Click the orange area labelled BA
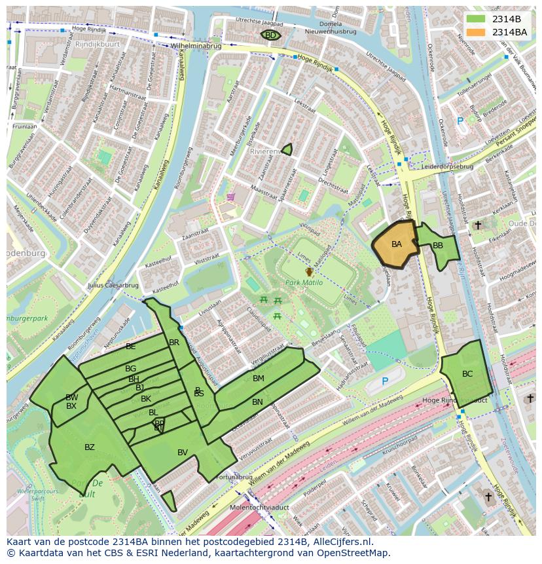[x=396, y=244]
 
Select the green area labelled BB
[x=438, y=246]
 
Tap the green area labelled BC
[x=467, y=374]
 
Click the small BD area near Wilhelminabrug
[x=270, y=35]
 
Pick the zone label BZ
[x=90, y=447]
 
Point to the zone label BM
[x=258, y=379]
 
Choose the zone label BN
[x=257, y=402]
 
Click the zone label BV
[x=183, y=452]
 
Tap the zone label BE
[x=131, y=346]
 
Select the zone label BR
[x=174, y=343]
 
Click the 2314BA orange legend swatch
[x=477, y=31]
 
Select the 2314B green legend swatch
[x=477, y=19]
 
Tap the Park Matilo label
[x=309, y=282]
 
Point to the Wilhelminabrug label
[x=196, y=47]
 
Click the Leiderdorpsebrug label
[x=448, y=166]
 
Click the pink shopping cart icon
[x=230, y=196]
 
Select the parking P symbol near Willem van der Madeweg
[x=385, y=381]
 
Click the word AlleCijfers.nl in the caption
[x=340, y=542]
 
